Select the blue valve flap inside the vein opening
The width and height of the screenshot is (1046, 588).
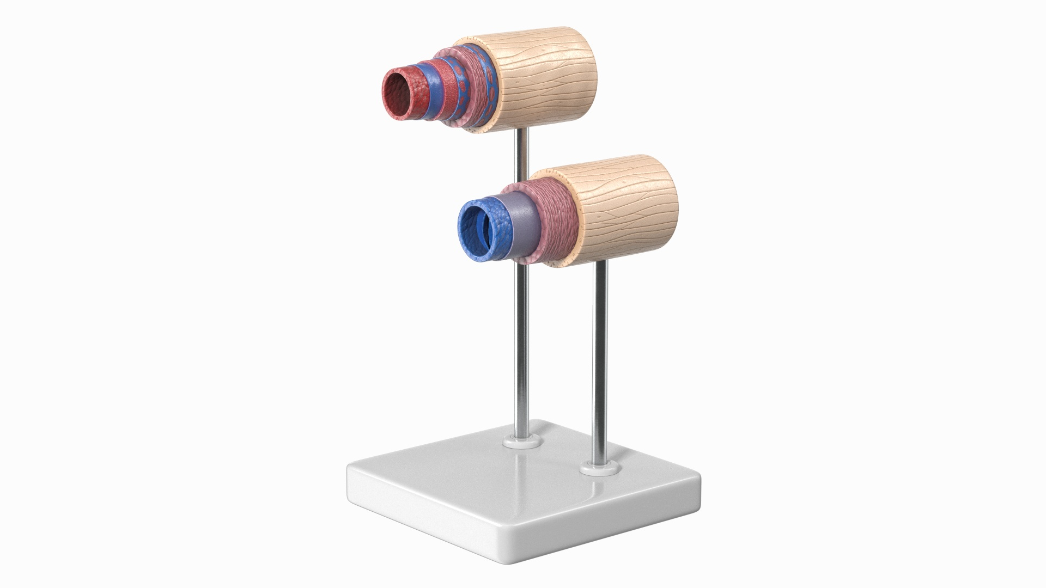(x=483, y=231)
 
